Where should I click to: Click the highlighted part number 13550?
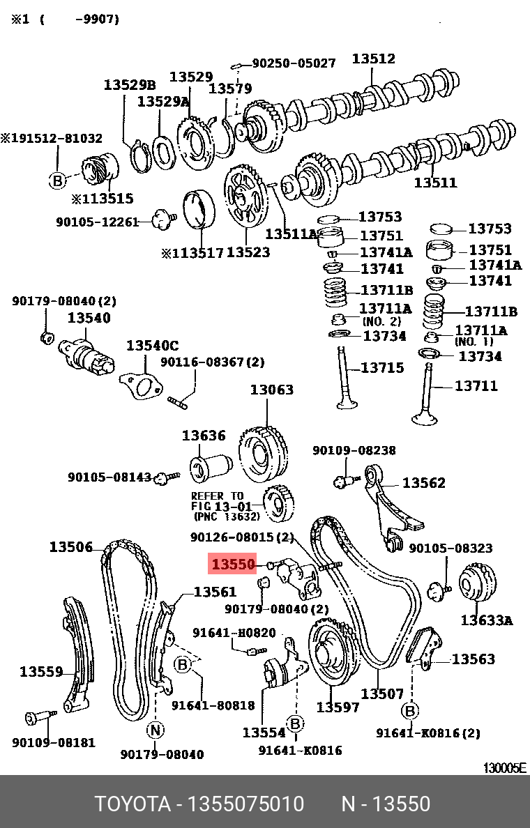click(234, 564)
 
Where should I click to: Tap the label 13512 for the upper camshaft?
click(373, 59)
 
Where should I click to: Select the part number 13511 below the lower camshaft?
click(435, 183)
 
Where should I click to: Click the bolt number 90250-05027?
click(294, 63)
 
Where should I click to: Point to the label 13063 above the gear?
click(272, 390)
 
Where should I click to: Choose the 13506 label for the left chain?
click(70, 547)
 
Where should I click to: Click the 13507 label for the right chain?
click(381, 693)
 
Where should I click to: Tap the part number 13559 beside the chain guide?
click(41, 672)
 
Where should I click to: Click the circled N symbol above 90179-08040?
click(155, 730)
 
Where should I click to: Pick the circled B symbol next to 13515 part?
click(57, 181)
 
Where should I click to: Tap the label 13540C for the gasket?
click(152, 346)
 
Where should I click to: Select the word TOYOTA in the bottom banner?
click(132, 804)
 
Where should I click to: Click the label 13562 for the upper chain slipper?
click(423, 482)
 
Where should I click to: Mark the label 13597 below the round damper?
click(338, 707)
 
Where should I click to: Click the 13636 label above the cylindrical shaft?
click(204, 436)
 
